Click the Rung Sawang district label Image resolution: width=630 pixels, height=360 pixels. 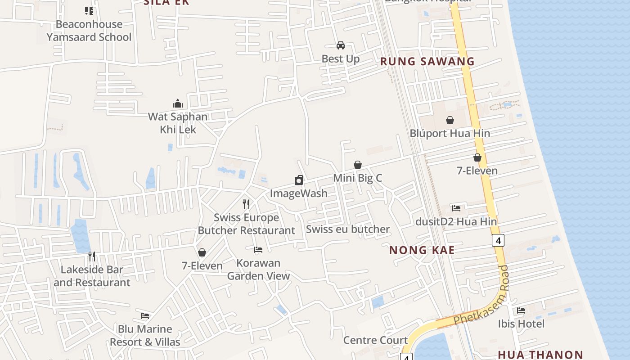coord(427,62)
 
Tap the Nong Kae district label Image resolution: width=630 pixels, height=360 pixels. coord(422,250)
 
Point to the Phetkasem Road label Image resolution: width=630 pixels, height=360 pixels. coord(481,297)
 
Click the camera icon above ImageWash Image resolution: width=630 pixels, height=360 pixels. coord(299,180)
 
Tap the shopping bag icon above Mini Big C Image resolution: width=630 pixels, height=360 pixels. coord(358,165)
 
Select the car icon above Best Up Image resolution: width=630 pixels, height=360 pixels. coord(341,45)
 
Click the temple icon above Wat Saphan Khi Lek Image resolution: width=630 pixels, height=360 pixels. coord(178,103)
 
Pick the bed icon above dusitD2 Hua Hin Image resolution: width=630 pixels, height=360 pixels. coord(456,208)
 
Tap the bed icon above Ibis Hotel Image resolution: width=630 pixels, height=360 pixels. coord(521,310)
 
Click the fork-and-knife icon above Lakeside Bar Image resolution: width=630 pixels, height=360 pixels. coord(92,256)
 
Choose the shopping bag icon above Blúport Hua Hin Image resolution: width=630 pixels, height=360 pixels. coord(450,120)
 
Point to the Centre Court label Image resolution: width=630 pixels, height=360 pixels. coord(375,340)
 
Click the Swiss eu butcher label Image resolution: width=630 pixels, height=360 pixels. coord(348,229)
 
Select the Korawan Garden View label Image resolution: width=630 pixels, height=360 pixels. coord(258,269)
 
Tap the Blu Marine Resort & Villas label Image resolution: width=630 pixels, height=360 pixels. coord(145,335)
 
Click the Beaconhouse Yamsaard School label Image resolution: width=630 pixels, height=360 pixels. coord(89,31)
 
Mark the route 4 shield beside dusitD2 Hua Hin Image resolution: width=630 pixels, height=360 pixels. coord(498,240)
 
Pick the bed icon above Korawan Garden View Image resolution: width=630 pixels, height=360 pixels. coord(258,249)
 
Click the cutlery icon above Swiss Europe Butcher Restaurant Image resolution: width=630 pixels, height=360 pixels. coord(246,204)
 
